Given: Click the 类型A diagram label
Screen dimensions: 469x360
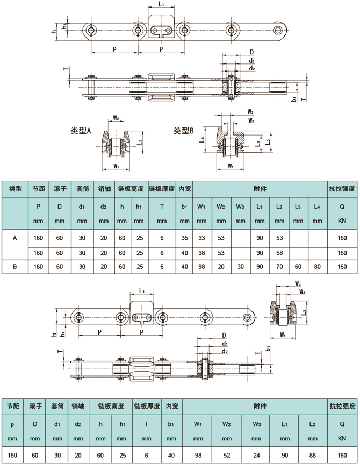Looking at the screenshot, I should [81, 131].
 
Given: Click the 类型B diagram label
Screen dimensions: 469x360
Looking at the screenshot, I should [184, 131].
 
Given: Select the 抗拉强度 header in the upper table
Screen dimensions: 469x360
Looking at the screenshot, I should [341, 189].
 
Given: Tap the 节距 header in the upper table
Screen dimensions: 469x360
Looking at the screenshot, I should [38, 189].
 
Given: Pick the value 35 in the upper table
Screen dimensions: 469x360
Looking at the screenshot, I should [184, 238].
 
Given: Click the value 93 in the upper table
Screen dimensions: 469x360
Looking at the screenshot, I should [201, 238].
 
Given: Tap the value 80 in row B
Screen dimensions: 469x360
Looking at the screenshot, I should [317, 266].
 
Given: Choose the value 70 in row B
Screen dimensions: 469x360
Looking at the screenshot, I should [279, 266].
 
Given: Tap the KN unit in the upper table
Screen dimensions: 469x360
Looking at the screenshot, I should [341, 221].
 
